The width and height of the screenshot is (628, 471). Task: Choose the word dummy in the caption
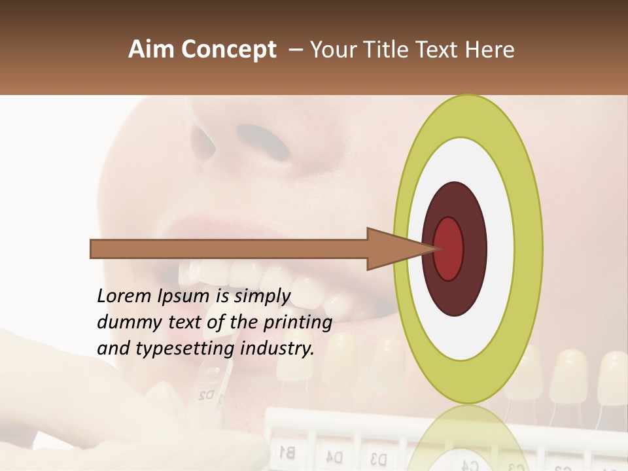125,323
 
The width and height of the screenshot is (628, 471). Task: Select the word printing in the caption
297,323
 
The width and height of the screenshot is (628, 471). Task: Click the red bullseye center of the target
448,249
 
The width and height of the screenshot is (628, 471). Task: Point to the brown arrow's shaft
229,249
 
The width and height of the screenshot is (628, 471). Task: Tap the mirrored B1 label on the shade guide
287,451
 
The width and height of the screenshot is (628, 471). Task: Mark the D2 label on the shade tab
207,395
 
